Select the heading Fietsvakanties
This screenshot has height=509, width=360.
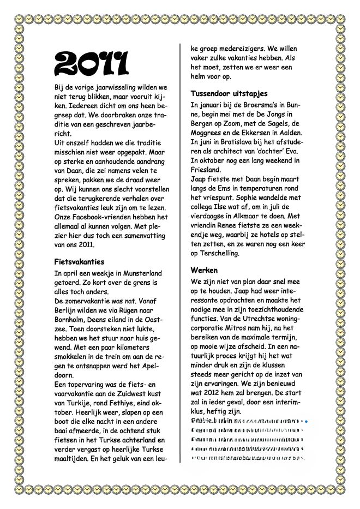click(79, 262)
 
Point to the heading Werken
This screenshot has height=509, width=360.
click(204, 270)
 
